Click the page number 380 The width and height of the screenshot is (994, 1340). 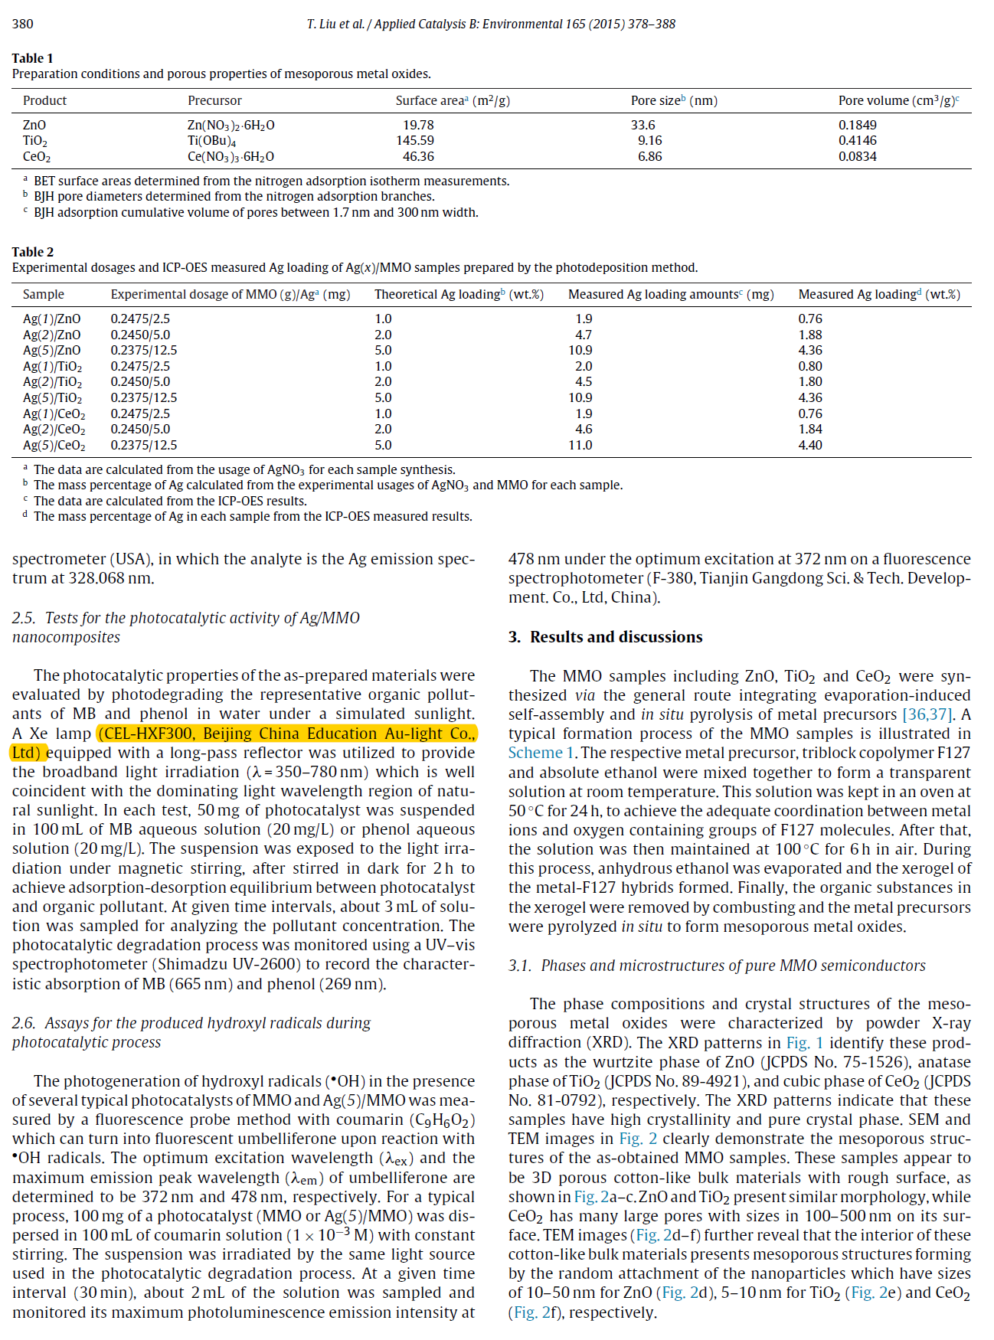(23, 24)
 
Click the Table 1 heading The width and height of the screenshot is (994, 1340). (33, 58)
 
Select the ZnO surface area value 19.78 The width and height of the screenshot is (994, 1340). (418, 125)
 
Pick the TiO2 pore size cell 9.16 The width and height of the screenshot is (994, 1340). (649, 141)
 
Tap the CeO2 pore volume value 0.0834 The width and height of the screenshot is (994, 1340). (857, 156)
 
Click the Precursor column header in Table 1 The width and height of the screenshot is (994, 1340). (214, 100)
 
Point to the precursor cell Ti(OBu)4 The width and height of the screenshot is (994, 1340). (212, 141)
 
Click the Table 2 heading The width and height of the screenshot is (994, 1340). (33, 252)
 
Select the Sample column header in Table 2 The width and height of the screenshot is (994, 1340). (44, 294)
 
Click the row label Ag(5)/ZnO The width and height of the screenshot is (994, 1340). (51, 350)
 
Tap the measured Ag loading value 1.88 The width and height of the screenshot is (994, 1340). (810, 335)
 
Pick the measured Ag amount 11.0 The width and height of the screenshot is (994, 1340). (580, 445)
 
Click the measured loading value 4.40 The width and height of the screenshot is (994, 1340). (810, 445)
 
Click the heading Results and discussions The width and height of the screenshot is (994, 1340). (616, 637)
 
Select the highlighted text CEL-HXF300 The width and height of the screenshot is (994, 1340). (149, 734)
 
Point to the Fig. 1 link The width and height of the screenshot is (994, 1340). (804, 1043)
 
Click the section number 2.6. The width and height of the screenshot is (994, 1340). (24, 1023)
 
